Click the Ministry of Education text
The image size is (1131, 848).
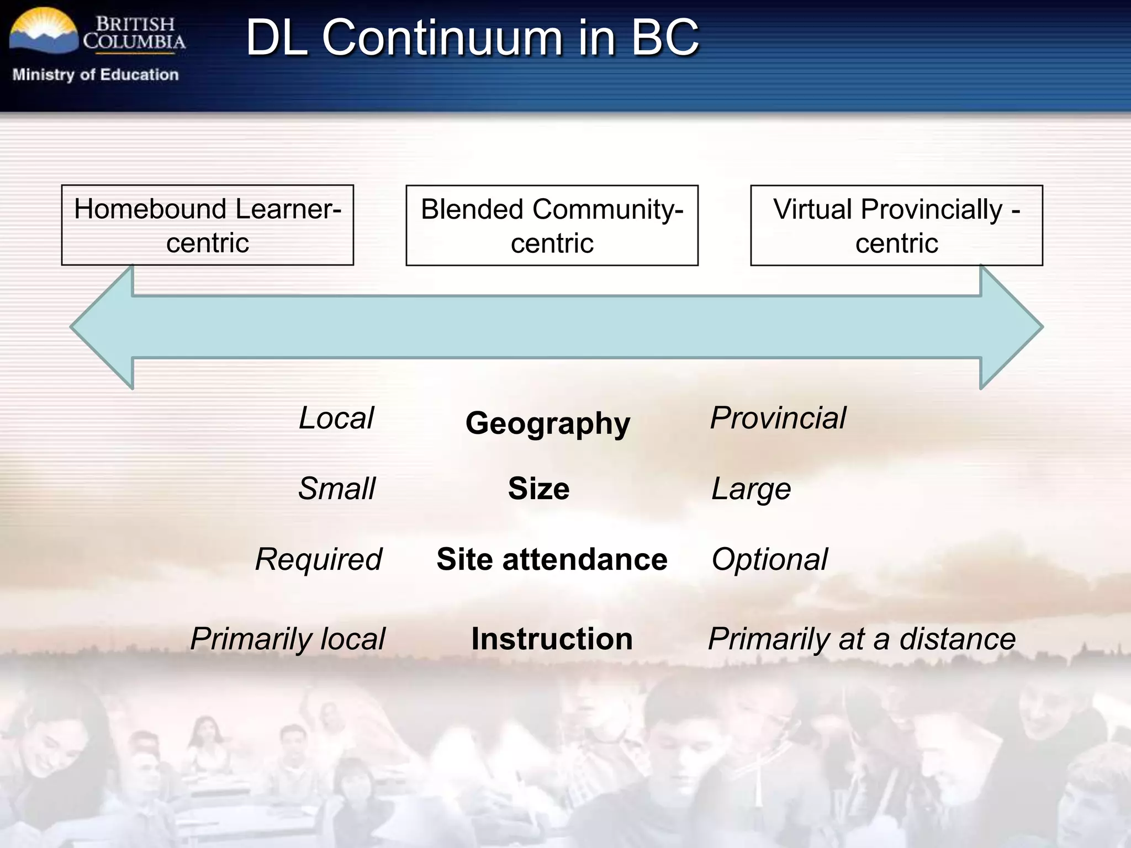click(x=96, y=75)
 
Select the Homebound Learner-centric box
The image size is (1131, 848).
click(x=208, y=225)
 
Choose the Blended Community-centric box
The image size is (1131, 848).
click(x=552, y=225)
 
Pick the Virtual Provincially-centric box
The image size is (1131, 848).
click(x=896, y=225)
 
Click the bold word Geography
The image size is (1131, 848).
click(x=547, y=423)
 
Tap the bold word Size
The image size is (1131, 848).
click(x=538, y=489)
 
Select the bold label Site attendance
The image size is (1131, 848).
click(x=552, y=559)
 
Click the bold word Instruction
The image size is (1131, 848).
click(x=552, y=639)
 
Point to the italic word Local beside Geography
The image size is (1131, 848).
click(x=336, y=418)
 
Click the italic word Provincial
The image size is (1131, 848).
click(x=778, y=418)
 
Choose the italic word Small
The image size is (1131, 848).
click(x=337, y=489)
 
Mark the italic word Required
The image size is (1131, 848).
click(x=319, y=559)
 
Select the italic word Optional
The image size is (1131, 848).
click(x=770, y=559)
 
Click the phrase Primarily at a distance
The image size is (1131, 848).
click(x=862, y=639)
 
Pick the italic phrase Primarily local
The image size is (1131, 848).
click(x=287, y=639)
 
